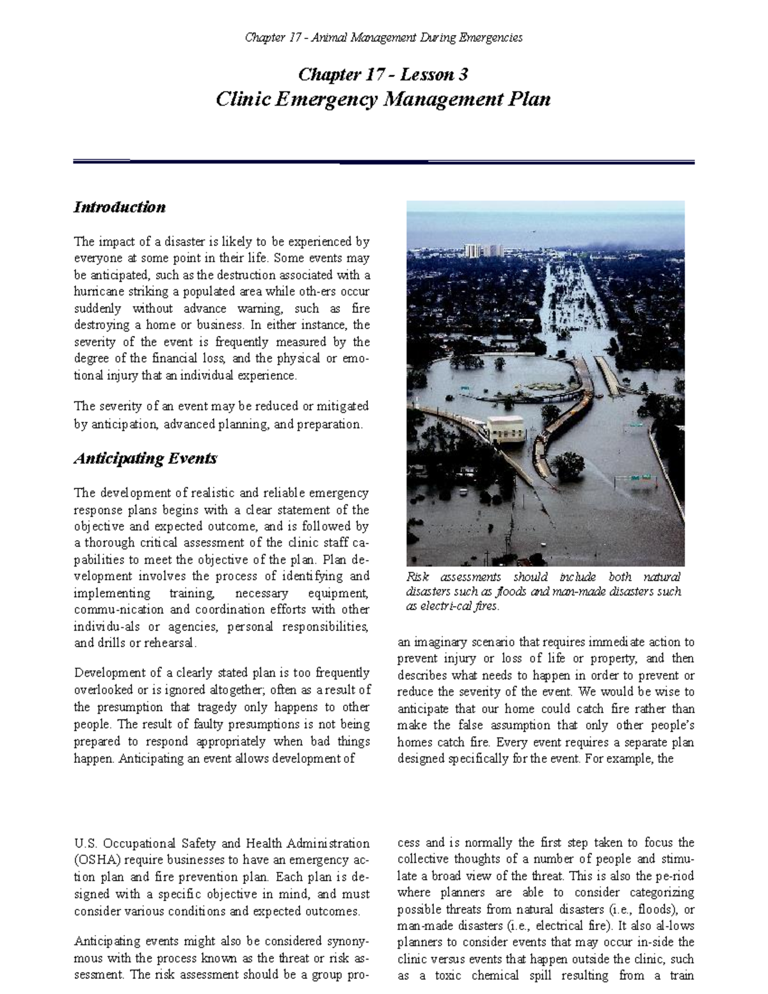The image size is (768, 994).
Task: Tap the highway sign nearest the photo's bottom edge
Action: pyautogui.click(x=641, y=477)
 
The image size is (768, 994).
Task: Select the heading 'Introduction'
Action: pyautogui.click(x=120, y=207)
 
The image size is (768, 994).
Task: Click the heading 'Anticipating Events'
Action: pyautogui.click(x=145, y=458)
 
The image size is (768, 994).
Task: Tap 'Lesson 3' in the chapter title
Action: pyautogui.click(x=434, y=75)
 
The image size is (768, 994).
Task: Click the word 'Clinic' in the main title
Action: pyautogui.click(x=243, y=100)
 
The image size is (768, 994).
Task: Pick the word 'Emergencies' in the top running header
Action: pyautogui.click(x=493, y=38)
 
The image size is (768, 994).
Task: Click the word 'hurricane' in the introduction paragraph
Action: pyautogui.click(x=100, y=292)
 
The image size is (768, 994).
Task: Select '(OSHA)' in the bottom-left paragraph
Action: pyautogui.click(x=96, y=860)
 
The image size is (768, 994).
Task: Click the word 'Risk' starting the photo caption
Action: pyautogui.click(x=417, y=577)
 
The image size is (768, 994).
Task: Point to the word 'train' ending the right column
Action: pyautogui.click(x=679, y=975)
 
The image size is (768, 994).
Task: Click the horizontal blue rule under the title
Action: pyautogui.click(x=384, y=162)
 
